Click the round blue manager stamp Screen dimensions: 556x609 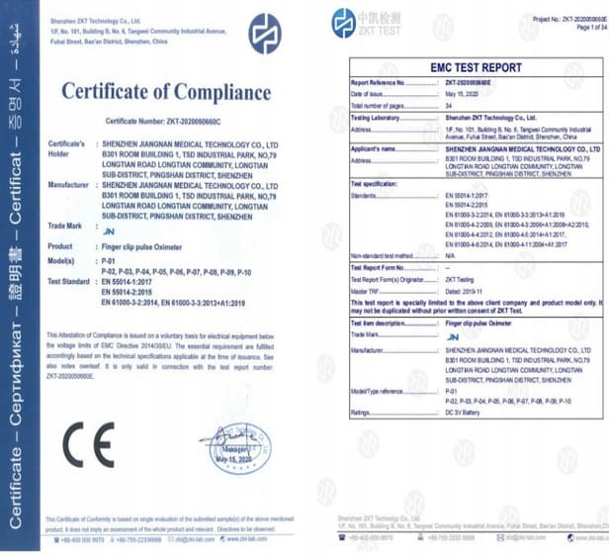233,450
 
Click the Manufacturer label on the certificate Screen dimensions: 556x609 71,183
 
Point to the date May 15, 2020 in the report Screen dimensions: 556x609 462,92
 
